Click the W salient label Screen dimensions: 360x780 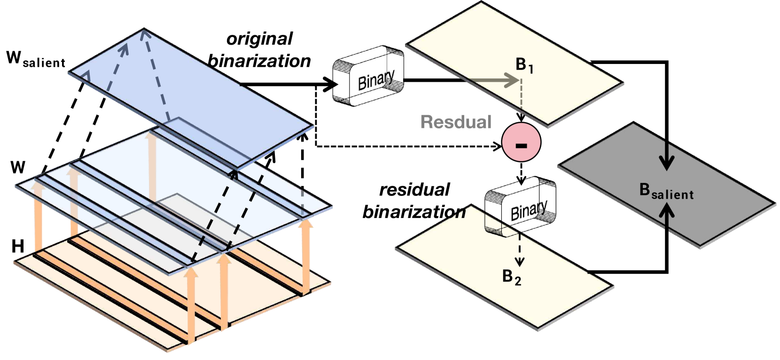click(35, 59)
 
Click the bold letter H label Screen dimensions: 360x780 click(18, 246)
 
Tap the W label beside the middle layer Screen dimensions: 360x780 click(18, 167)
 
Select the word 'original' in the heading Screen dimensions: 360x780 click(259, 39)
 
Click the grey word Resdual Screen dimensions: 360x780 click(456, 122)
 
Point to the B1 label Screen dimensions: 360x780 click(524, 65)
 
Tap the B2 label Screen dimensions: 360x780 click(511, 277)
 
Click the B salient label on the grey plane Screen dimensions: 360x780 click(666, 191)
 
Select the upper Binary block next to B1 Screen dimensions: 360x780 click(368, 76)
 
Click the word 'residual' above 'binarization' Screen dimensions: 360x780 click(414, 190)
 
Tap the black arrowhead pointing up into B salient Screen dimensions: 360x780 click(666, 211)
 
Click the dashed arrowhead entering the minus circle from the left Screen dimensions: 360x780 click(498, 147)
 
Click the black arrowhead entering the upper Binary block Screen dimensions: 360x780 click(332, 85)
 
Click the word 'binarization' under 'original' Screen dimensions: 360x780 click(259, 61)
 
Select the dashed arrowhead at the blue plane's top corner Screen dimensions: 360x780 click(144, 34)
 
